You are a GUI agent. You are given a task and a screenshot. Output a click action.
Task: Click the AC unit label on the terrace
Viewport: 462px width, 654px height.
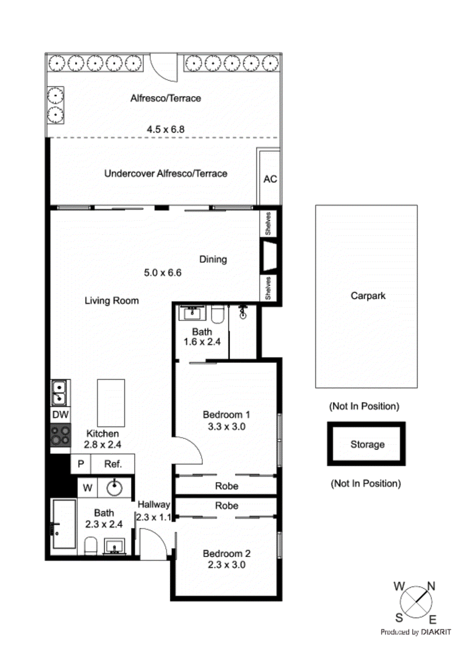270,179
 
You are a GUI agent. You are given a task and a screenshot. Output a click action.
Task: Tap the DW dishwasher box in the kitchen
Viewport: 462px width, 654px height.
60,414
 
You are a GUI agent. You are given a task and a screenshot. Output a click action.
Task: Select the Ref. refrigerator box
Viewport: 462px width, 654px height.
113,464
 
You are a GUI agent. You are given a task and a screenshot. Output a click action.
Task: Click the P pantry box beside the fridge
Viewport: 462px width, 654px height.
81,464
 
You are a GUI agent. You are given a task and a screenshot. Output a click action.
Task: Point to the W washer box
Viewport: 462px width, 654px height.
87,488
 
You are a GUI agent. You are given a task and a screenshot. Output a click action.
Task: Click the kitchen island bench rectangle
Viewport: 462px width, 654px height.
111,403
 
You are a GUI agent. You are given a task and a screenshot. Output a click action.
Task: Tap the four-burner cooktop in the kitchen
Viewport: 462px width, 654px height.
60,436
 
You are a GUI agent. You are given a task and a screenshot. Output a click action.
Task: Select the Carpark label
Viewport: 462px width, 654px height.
368,296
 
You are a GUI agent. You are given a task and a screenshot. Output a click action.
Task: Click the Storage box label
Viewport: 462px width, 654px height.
367,444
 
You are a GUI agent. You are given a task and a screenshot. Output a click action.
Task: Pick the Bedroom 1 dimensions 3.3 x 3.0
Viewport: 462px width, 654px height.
226,427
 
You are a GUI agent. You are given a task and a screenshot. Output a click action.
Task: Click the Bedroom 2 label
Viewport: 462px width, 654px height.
226,553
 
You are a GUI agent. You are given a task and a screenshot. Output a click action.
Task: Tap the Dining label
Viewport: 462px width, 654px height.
213,259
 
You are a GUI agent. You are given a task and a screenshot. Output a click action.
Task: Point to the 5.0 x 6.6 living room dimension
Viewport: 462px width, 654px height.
163,273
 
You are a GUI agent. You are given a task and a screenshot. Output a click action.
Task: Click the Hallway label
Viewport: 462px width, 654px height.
154,504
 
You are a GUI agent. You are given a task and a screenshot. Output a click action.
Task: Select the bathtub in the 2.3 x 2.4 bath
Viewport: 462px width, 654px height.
64,524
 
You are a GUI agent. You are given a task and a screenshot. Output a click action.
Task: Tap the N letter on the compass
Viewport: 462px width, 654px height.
431,586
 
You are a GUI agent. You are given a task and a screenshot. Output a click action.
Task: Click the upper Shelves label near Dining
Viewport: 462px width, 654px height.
268,223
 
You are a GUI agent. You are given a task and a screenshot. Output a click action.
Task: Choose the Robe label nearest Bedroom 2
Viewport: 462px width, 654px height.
226,506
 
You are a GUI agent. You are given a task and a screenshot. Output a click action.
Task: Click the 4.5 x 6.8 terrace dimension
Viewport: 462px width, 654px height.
165,129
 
